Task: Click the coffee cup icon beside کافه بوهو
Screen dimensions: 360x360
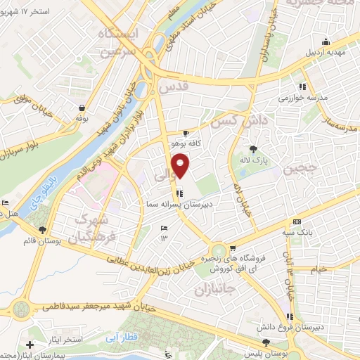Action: (186, 132)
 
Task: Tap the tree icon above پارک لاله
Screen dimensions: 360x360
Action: (253, 149)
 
